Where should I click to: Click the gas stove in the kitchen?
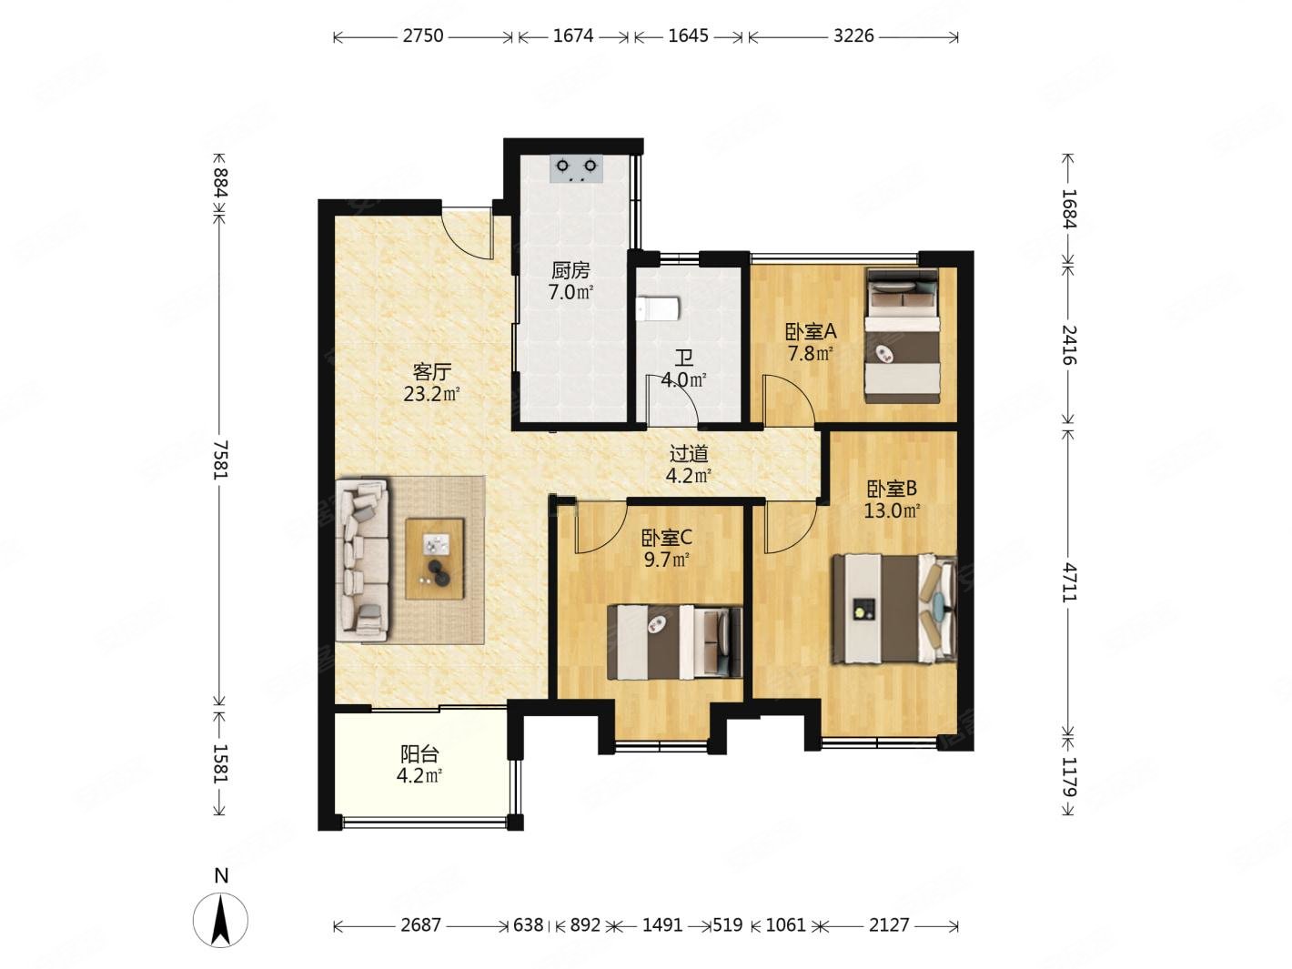point(576,168)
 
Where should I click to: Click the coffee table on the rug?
point(434,559)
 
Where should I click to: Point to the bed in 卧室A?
point(901,336)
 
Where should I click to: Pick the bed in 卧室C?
point(674,641)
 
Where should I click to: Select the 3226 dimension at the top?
point(853,35)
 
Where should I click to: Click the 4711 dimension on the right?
point(1068,582)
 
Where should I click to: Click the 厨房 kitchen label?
point(570,270)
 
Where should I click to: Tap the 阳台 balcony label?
point(419,754)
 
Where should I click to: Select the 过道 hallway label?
point(689,454)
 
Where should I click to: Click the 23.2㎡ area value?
point(431,394)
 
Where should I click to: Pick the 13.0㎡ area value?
point(892,510)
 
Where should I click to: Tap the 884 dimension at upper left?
point(219,183)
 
